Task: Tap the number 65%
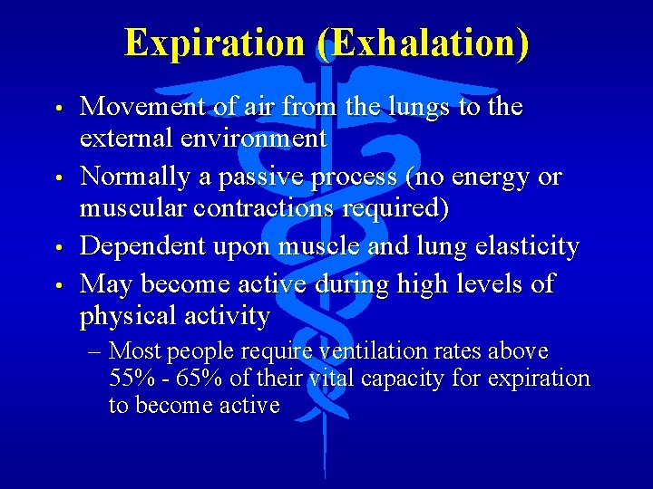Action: click(x=179, y=378)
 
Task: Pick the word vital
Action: click(x=332, y=378)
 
